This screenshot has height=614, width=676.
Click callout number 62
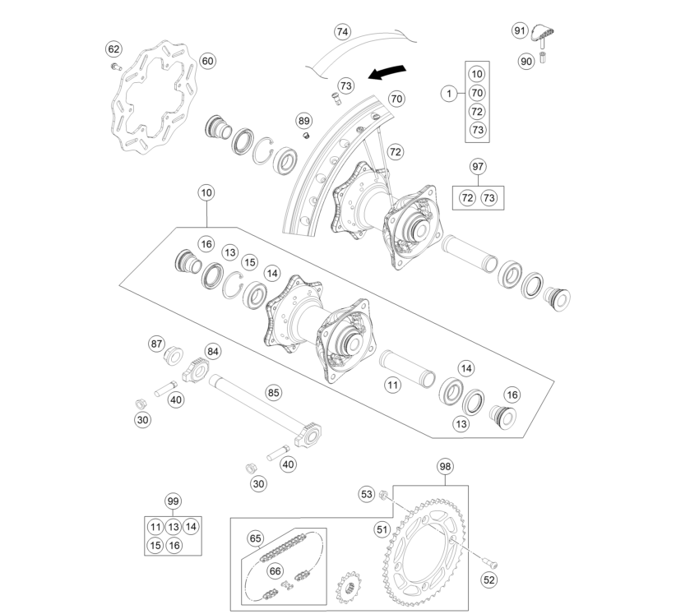pos(113,49)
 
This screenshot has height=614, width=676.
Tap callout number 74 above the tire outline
pos(342,32)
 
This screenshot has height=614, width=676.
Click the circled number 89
pos(304,121)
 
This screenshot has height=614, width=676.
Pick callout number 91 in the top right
pos(520,30)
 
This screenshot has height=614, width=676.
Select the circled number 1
pos(449,93)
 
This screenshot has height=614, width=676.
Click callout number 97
pos(478,166)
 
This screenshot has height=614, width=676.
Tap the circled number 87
pos(156,344)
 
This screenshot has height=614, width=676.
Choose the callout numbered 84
pos(212,352)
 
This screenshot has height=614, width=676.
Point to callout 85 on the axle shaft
pos(273,393)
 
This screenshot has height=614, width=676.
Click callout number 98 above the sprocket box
pos(445,466)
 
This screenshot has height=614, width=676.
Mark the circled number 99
pos(173,501)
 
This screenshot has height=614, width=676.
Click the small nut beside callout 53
pos(382,495)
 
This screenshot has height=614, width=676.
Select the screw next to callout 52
pos(491,562)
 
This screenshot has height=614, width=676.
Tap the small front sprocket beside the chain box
pos(349,589)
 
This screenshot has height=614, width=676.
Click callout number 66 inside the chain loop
pos(275,571)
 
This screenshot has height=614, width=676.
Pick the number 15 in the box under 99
pos(155,546)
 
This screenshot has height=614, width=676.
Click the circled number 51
pos(382,529)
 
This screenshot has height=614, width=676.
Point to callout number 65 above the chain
pos(255,538)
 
